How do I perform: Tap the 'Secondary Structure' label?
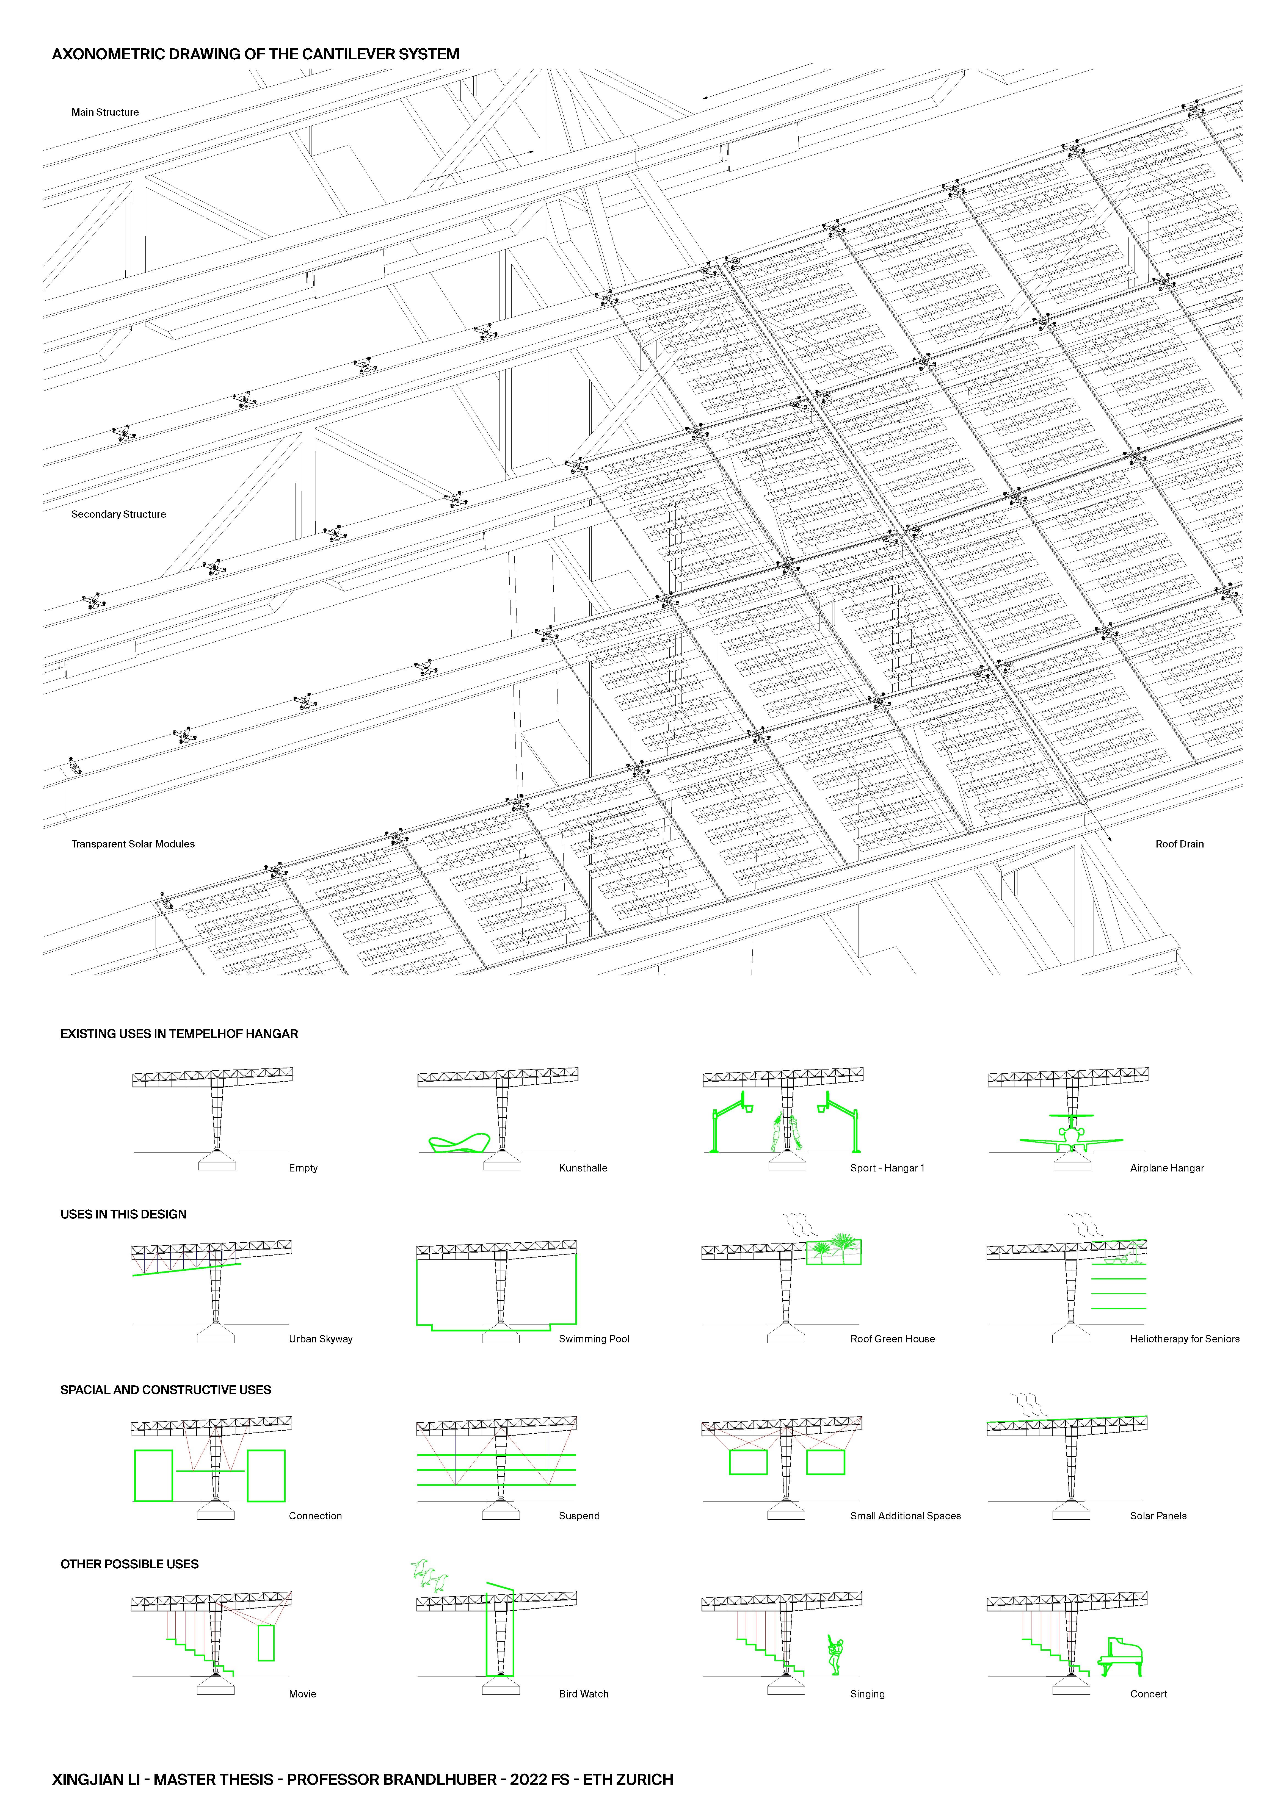[x=119, y=514]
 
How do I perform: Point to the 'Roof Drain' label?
[x=1179, y=844]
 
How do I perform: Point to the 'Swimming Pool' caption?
[x=594, y=1339]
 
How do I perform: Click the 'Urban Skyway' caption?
[x=320, y=1339]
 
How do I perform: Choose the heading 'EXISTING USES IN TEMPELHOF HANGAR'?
[x=179, y=1034]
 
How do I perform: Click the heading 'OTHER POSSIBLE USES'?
[x=129, y=1564]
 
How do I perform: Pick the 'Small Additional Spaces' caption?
[x=906, y=1516]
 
